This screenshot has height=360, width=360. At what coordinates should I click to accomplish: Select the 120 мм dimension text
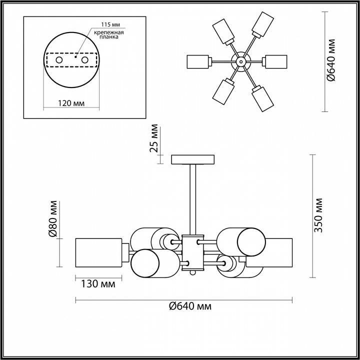click(x=71, y=103)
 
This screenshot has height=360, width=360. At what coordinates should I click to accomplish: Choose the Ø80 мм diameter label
click(x=52, y=219)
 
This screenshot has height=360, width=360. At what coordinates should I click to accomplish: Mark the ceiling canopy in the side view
click(x=192, y=159)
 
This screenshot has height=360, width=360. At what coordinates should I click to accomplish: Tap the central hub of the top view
click(x=241, y=61)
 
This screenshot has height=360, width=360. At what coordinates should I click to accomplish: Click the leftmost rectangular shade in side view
click(x=98, y=253)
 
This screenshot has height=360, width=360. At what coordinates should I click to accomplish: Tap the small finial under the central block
click(x=192, y=272)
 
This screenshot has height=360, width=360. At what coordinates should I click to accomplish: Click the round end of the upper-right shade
click(x=251, y=241)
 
